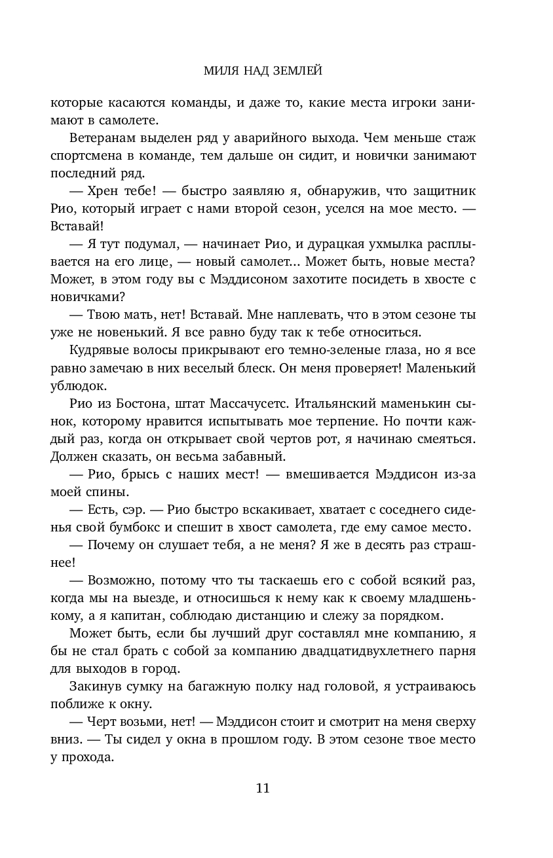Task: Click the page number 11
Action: tap(263, 788)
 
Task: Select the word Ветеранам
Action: tap(100, 138)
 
